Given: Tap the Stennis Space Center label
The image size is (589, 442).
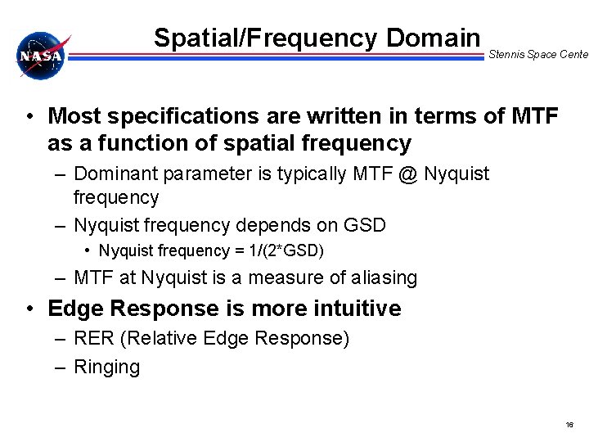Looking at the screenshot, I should coord(537,55).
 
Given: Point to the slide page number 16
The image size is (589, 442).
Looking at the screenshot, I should coord(569,426).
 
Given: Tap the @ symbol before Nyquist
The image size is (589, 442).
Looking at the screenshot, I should coord(411,174).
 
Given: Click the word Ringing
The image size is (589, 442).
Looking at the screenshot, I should coord(106,368).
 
